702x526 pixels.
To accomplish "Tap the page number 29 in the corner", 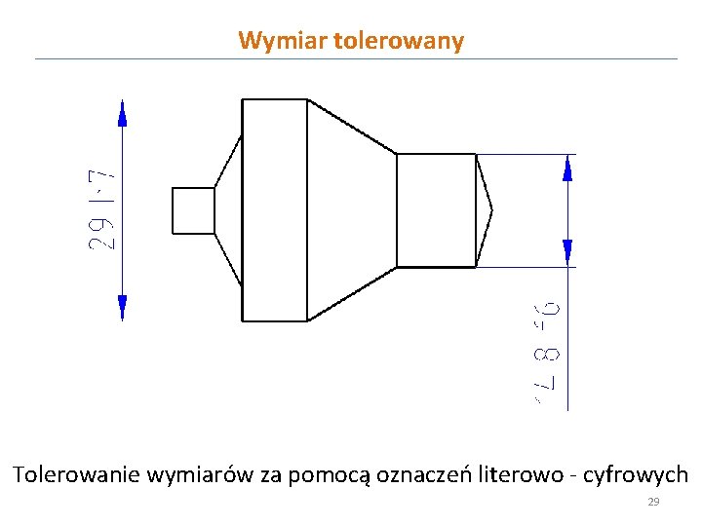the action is (x=653, y=503).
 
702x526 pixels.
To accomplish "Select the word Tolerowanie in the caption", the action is (x=75, y=475).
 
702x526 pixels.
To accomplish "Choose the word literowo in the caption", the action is (x=522, y=475).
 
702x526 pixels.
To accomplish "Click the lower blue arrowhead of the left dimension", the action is (x=122, y=307).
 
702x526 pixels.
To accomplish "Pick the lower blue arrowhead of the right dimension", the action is (x=567, y=252).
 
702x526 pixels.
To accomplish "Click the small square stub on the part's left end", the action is (x=193, y=210).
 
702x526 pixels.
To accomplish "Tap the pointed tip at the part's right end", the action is (x=487, y=209).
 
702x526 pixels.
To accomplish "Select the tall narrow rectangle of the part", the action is (x=274, y=209).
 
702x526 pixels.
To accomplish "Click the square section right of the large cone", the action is (x=436, y=209).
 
